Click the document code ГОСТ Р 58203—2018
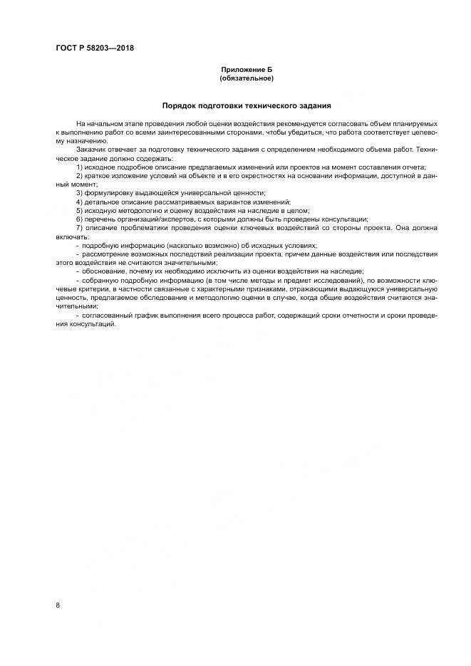click(x=95, y=48)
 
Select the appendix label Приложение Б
click(x=247, y=70)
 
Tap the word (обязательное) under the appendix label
click(x=247, y=78)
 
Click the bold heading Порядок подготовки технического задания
click(x=247, y=105)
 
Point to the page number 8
click(x=58, y=605)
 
